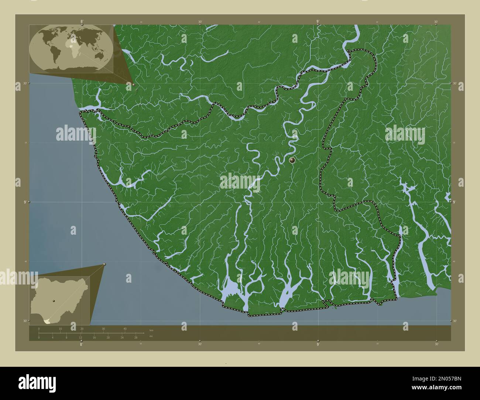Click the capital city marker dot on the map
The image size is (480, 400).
coord(292,160)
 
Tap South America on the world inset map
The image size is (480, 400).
coord(53,54)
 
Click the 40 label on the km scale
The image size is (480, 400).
coord(125,329)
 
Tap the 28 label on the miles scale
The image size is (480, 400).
coord(136,338)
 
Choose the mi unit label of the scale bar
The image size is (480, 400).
coord(151,336)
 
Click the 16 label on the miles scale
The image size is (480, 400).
coord(94,338)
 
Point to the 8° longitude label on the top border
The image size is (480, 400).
coord(82,22)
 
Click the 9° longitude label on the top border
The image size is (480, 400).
coord(318,22)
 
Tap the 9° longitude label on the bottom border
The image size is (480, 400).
coord(318,344)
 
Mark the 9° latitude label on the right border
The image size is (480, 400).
coord(455,202)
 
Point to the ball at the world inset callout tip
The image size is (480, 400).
coord(134,85)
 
